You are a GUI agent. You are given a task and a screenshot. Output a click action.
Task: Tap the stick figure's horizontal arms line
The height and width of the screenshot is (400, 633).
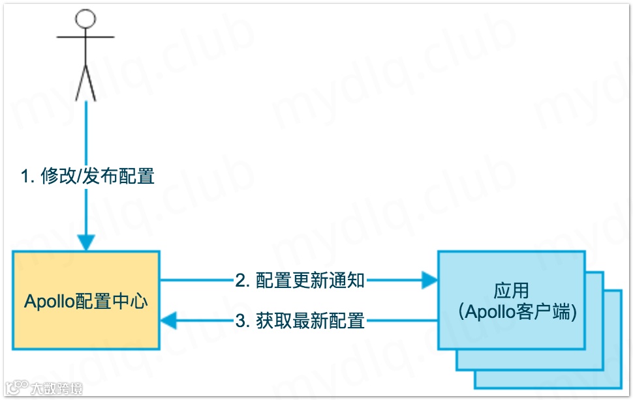86,37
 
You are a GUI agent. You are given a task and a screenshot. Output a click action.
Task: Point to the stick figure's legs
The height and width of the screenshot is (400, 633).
86,83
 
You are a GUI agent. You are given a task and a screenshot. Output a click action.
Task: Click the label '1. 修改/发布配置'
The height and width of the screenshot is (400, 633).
87,176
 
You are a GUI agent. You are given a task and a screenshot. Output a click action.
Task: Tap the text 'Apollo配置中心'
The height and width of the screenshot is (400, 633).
86,301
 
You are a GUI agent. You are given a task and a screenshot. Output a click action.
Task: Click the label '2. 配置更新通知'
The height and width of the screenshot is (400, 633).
300,281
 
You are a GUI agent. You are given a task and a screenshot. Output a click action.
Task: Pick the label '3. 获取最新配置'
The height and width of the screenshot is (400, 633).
300,321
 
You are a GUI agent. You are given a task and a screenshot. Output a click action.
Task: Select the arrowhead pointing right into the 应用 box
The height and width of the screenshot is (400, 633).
429,281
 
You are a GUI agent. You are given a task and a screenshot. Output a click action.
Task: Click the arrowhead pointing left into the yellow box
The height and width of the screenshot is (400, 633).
169,321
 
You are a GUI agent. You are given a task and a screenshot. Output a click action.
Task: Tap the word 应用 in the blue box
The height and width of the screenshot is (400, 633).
511,291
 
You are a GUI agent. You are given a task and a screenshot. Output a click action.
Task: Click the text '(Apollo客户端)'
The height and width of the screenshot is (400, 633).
511,312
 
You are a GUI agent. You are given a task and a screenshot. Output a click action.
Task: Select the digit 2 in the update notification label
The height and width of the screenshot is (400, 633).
240,281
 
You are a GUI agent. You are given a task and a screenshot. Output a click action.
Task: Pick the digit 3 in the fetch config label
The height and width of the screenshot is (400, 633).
240,321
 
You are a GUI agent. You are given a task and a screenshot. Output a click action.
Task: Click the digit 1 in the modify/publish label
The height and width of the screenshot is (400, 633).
25,177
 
